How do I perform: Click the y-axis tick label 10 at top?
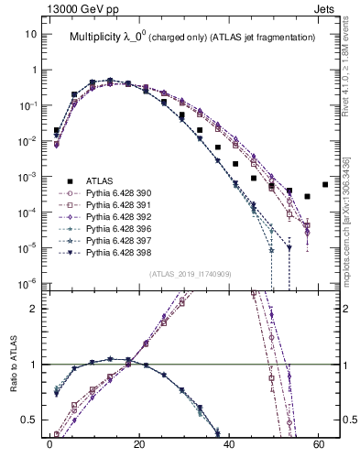coord(32,34)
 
